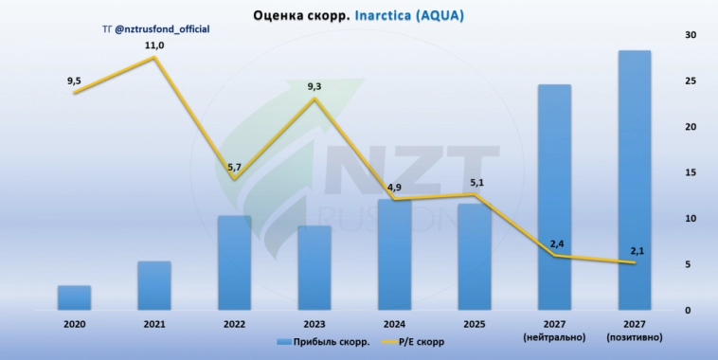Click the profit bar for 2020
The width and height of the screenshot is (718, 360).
[74, 297]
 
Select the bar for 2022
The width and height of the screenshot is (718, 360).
[234, 262]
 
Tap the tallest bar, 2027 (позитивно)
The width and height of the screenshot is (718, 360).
[635, 180]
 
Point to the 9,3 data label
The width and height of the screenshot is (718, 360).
[314, 87]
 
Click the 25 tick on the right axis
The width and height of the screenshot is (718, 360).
[691, 81]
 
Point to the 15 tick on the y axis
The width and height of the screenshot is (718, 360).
[691, 173]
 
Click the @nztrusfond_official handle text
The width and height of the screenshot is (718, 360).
[162, 30]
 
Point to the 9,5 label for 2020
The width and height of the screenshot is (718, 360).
[74, 81]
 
